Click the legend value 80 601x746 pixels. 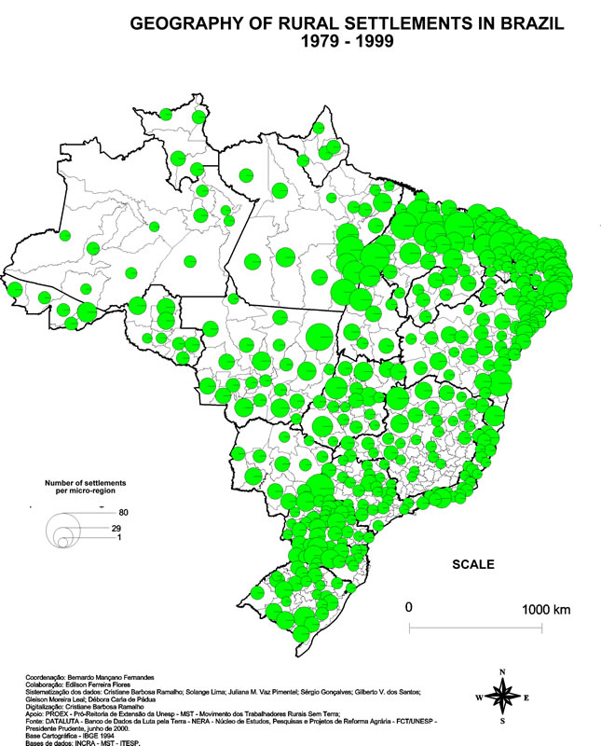(x=123, y=513)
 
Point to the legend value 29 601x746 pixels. (x=116, y=530)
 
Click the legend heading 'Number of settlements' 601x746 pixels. (x=86, y=482)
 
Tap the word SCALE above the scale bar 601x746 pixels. (x=472, y=564)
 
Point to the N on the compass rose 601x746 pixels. (x=502, y=671)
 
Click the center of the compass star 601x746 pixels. (x=502, y=696)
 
